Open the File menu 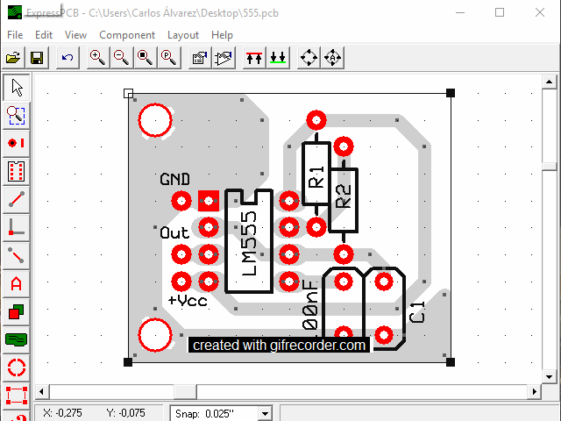(15, 35)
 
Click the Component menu (127, 35)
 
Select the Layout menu (183, 35)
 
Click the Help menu (222, 35)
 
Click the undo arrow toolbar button (67, 58)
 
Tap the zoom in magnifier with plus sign (97, 58)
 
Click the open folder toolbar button (13, 58)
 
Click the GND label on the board (175, 179)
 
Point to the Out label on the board (174, 233)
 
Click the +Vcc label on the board (188, 300)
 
